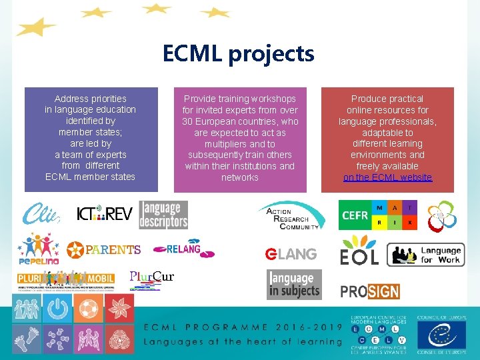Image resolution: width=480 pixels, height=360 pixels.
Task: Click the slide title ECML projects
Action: (x=239, y=54)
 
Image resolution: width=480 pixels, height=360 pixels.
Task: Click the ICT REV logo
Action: (x=104, y=214)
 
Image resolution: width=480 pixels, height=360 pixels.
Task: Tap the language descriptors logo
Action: (x=163, y=215)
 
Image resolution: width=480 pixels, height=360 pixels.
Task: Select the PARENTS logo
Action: (x=104, y=250)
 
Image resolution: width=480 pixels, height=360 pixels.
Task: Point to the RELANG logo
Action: (x=177, y=249)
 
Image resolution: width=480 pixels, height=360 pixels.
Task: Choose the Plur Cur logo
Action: (x=151, y=279)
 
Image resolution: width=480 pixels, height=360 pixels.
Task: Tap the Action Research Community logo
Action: (x=291, y=217)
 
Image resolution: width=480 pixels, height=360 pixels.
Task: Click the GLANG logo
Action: (x=291, y=254)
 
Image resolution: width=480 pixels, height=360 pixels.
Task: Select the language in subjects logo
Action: (x=294, y=284)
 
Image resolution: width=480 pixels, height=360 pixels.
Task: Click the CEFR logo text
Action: (x=354, y=215)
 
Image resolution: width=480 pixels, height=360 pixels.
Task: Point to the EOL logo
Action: (x=359, y=253)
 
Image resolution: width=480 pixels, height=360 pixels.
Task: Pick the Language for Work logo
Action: (x=425, y=255)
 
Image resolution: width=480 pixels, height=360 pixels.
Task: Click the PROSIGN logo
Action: (x=369, y=291)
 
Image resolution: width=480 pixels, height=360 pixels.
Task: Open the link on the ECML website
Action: (x=387, y=177)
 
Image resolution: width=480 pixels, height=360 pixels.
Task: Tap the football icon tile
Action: (x=88, y=309)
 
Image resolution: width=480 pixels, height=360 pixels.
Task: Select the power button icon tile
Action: (x=57, y=309)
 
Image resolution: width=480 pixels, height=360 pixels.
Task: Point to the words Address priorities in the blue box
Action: (x=90, y=99)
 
